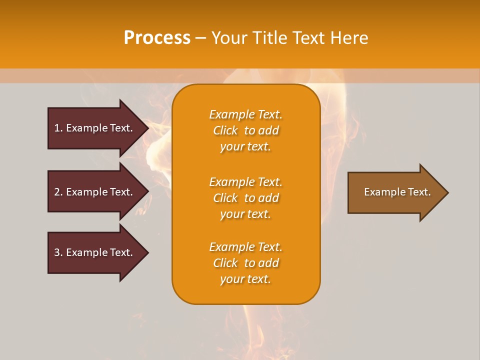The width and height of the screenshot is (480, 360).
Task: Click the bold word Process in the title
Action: point(157,38)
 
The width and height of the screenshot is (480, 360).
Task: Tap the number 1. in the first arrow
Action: point(58,128)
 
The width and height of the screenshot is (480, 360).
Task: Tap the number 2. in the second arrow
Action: point(58,192)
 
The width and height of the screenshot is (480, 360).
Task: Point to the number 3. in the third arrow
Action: point(58,252)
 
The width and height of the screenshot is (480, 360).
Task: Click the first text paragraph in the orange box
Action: point(245,130)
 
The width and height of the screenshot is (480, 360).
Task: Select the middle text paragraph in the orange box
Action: point(245,198)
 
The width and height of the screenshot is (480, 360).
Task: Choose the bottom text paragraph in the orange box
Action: point(245,263)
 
